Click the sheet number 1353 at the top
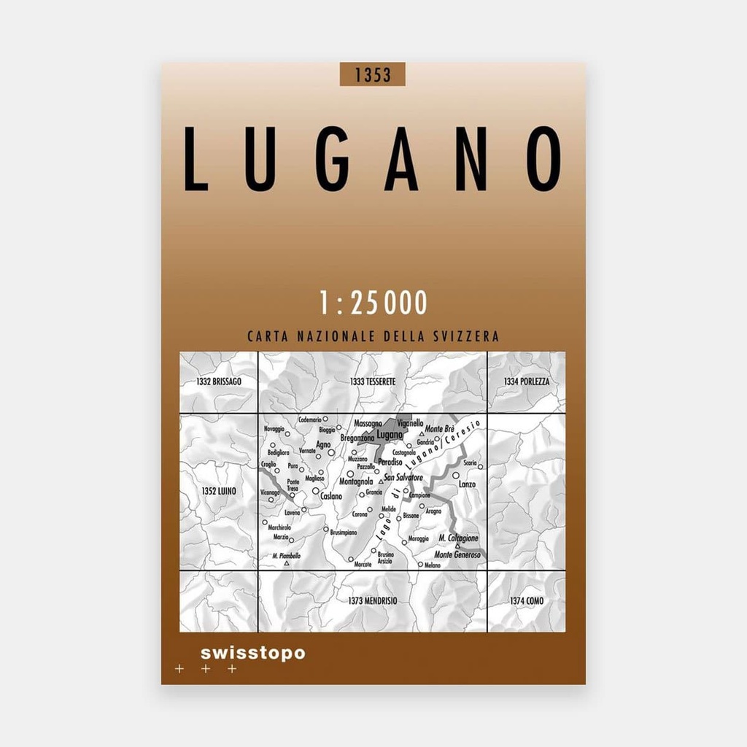[x=372, y=74]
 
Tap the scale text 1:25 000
[x=373, y=303]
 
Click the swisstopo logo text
[x=252, y=653]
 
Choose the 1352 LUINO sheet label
[x=218, y=492]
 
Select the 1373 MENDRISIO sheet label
[x=372, y=600]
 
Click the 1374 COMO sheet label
[x=526, y=600]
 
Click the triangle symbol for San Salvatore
[x=381, y=481]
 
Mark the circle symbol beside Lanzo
[x=456, y=475]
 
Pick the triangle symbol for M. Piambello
[x=287, y=564]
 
